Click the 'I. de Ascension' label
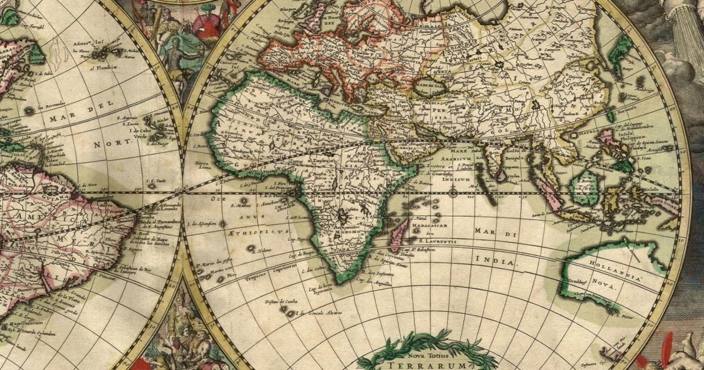coord(202,224)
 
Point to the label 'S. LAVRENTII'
coord(433,240)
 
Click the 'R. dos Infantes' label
coord(375,273)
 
